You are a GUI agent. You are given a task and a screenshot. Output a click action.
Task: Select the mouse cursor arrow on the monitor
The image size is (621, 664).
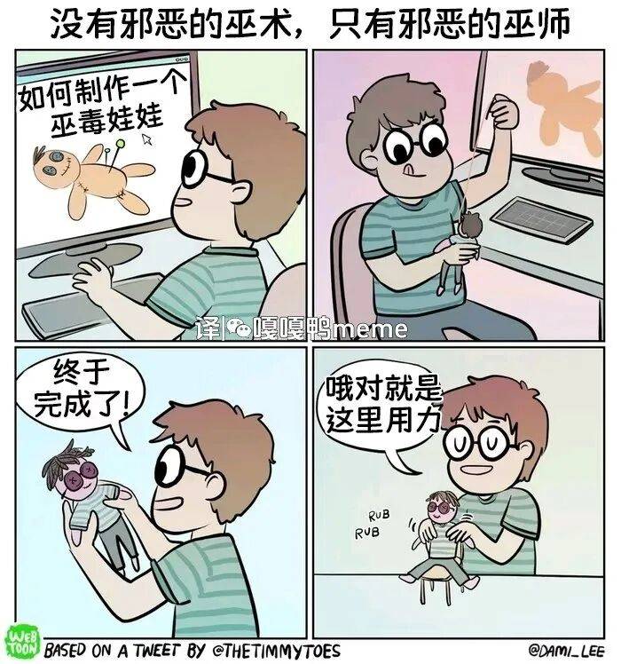tap(147, 138)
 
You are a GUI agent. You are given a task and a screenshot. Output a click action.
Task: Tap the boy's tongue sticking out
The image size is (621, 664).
tap(409, 170)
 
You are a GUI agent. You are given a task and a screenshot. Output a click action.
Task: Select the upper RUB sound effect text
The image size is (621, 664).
tap(379, 516)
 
